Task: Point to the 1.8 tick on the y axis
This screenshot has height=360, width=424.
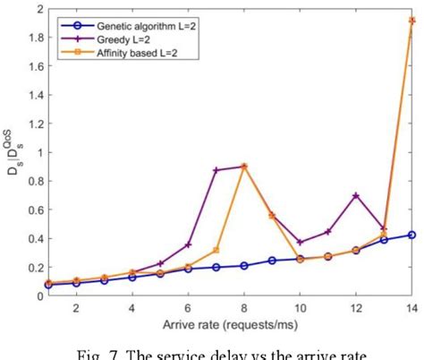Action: [x=31, y=39]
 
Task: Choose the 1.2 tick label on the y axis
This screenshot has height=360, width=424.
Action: [x=31, y=124]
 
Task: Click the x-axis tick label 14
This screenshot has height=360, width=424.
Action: [x=411, y=306]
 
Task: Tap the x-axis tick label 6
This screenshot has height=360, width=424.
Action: [x=188, y=306]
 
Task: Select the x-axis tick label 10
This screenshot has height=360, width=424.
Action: [x=300, y=306]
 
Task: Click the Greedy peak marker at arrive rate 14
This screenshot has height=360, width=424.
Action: [x=411, y=20]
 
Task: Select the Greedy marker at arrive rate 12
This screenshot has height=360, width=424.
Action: [x=355, y=194]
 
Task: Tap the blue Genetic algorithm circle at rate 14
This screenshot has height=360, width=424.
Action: [x=411, y=235]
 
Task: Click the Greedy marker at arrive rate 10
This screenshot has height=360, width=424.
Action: [x=300, y=242]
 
